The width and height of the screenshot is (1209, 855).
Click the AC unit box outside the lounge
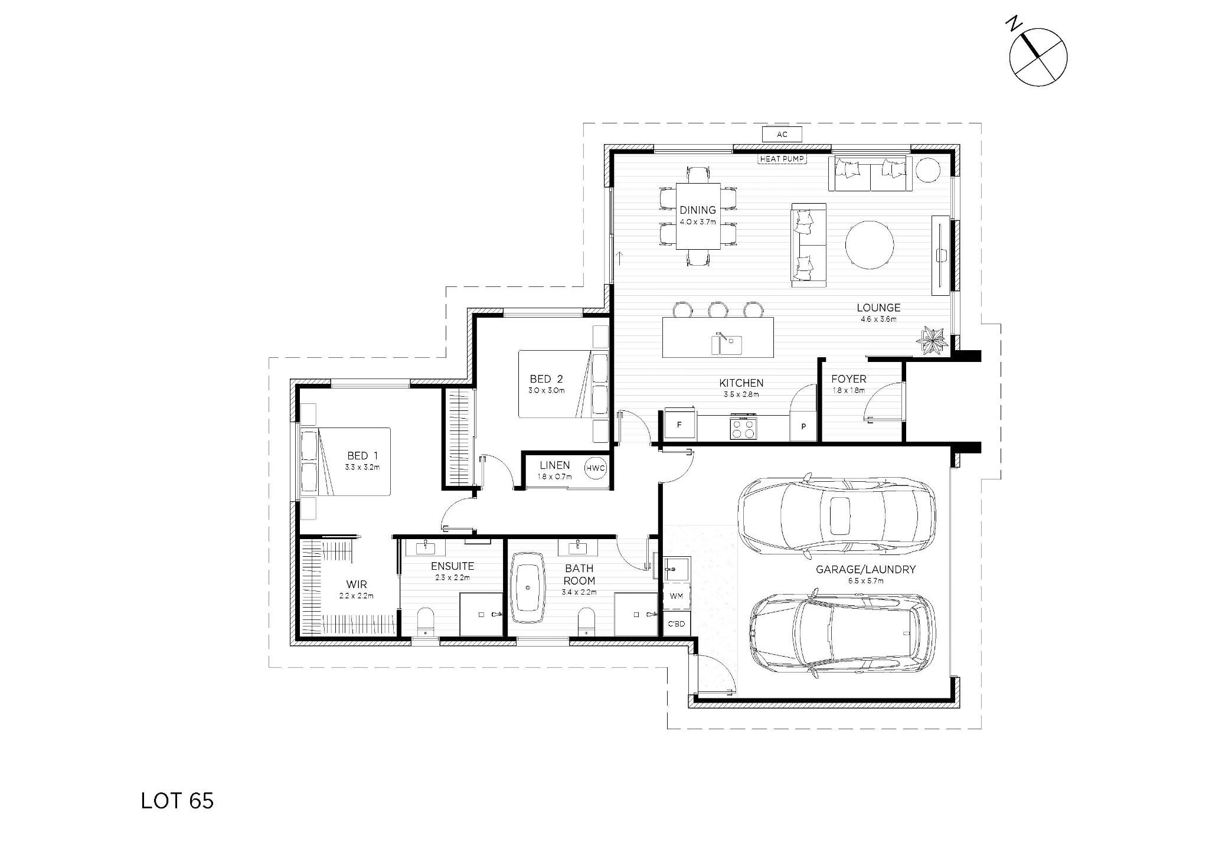click(x=782, y=135)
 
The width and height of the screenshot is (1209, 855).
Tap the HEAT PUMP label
click(x=782, y=159)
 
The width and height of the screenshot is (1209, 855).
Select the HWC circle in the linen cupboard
click(x=595, y=468)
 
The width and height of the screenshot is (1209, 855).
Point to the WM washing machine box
click(x=676, y=596)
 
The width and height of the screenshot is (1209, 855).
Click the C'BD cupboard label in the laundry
click(x=676, y=624)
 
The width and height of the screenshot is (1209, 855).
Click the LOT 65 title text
click(x=177, y=801)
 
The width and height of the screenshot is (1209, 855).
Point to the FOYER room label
click(x=848, y=379)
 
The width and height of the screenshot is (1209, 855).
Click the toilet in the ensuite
click(x=426, y=621)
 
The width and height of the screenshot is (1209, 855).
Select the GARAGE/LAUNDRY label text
click(x=865, y=570)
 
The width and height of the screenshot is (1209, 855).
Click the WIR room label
click(x=357, y=585)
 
